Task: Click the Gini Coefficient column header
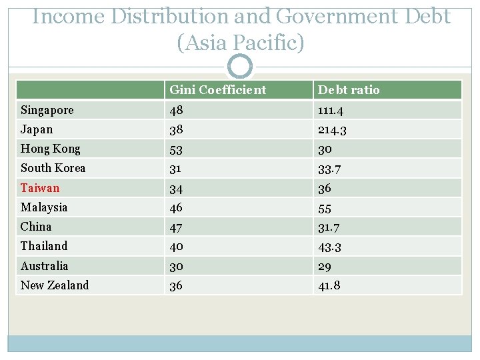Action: tap(217, 90)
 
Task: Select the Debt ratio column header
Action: tap(349, 90)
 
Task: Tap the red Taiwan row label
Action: tap(40, 188)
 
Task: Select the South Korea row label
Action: tap(53, 168)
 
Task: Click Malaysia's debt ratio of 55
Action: tap(325, 207)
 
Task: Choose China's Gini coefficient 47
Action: tap(177, 227)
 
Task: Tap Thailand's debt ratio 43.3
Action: tap(331, 247)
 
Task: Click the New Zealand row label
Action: tap(55, 285)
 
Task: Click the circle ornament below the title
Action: tap(240, 67)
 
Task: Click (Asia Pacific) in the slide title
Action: tap(240, 43)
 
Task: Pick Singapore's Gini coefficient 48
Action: tap(177, 110)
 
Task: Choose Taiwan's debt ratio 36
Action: tap(325, 188)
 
